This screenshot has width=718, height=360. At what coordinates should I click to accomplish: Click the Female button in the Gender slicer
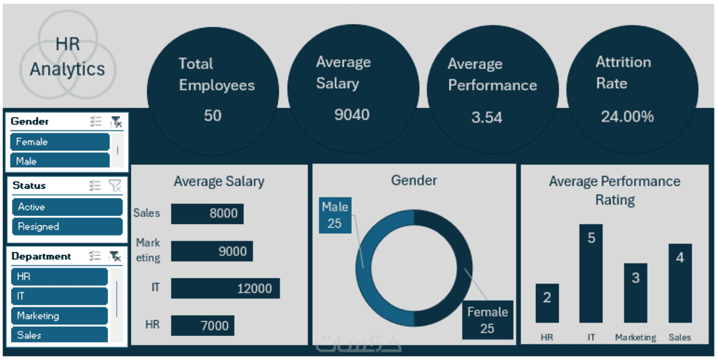[60, 142]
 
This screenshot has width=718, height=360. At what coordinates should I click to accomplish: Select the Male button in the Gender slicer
[60, 160]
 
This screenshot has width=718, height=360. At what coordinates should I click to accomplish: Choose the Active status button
[67, 207]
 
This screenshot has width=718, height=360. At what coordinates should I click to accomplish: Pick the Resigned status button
[67, 226]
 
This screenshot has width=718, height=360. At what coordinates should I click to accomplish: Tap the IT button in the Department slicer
[60, 295]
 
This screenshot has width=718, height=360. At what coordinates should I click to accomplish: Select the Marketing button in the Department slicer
[60, 316]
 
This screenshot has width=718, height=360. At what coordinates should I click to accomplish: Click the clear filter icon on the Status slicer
[115, 185]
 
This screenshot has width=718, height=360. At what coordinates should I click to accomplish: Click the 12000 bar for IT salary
[225, 288]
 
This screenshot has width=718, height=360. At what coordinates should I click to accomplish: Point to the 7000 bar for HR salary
[202, 325]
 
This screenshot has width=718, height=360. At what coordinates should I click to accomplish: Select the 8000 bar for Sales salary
[207, 214]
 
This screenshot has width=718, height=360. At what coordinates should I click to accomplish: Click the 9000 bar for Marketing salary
[212, 251]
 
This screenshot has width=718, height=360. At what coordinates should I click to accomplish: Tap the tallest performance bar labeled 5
[591, 274]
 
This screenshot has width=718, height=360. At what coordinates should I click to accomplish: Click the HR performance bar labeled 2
[546, 303]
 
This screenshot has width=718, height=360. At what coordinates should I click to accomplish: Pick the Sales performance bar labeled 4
[680, 283]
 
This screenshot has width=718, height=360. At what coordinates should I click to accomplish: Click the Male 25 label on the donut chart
[334, 215]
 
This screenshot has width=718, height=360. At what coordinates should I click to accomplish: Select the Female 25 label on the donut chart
[487, 319]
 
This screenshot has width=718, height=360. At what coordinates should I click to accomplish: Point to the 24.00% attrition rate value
[627, 116]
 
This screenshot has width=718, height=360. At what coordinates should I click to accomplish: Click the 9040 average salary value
[352, 115]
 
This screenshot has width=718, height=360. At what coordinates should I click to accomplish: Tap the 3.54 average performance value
[487, 117]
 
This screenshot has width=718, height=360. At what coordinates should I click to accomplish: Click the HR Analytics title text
[67, 58]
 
